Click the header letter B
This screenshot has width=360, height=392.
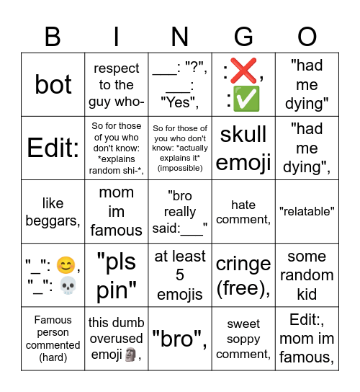53,36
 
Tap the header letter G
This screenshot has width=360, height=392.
243,36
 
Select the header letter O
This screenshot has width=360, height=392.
307,36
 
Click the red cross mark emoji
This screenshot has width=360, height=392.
243,71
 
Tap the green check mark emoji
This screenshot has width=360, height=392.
246,99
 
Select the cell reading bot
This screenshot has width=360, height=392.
53,84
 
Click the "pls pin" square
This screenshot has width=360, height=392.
117,275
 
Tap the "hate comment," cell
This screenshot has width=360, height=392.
243,212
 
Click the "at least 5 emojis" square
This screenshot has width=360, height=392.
180,275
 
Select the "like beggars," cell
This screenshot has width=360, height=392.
53,212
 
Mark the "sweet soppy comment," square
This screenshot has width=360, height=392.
243,339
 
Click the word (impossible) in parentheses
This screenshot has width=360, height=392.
180,168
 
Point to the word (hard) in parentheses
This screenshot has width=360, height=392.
53,358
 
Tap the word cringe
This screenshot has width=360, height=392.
243,264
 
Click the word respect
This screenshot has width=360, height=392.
117,68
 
